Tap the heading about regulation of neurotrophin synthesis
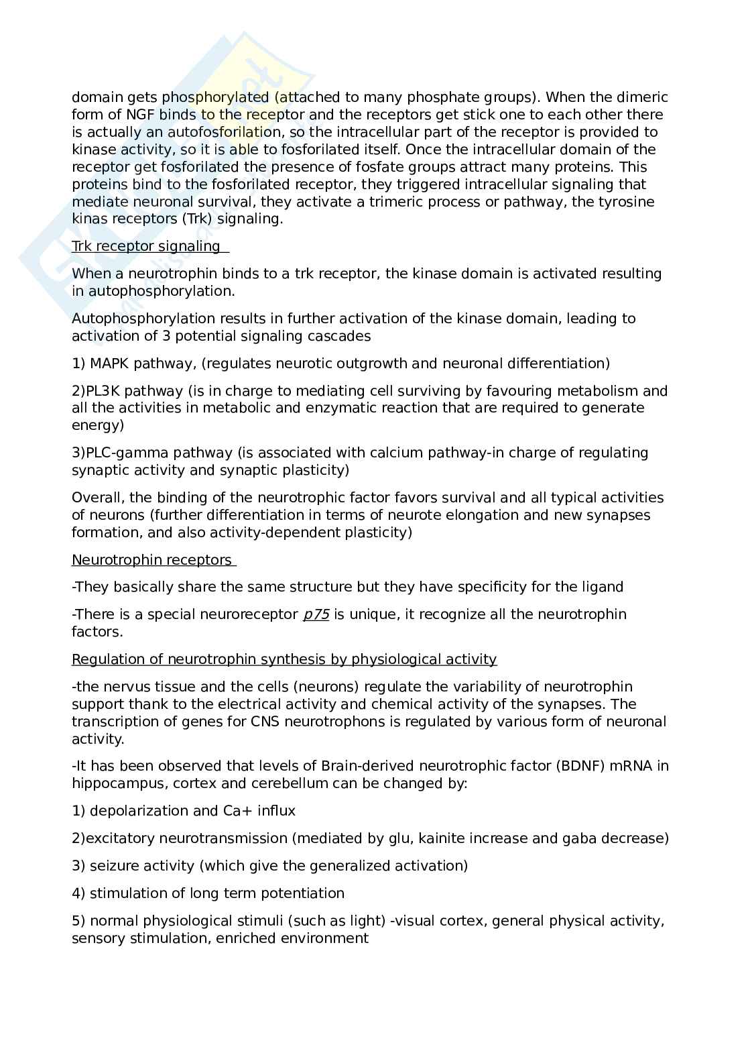point(284,659)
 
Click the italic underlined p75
point(316,614)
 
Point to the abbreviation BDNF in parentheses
point(580,766)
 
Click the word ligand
point(601,587)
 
